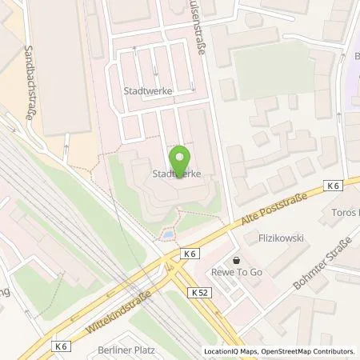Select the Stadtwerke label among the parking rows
(x=149, y=91)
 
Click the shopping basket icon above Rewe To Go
(x=238, y=260)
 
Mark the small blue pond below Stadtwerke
(x=167, y=235)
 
